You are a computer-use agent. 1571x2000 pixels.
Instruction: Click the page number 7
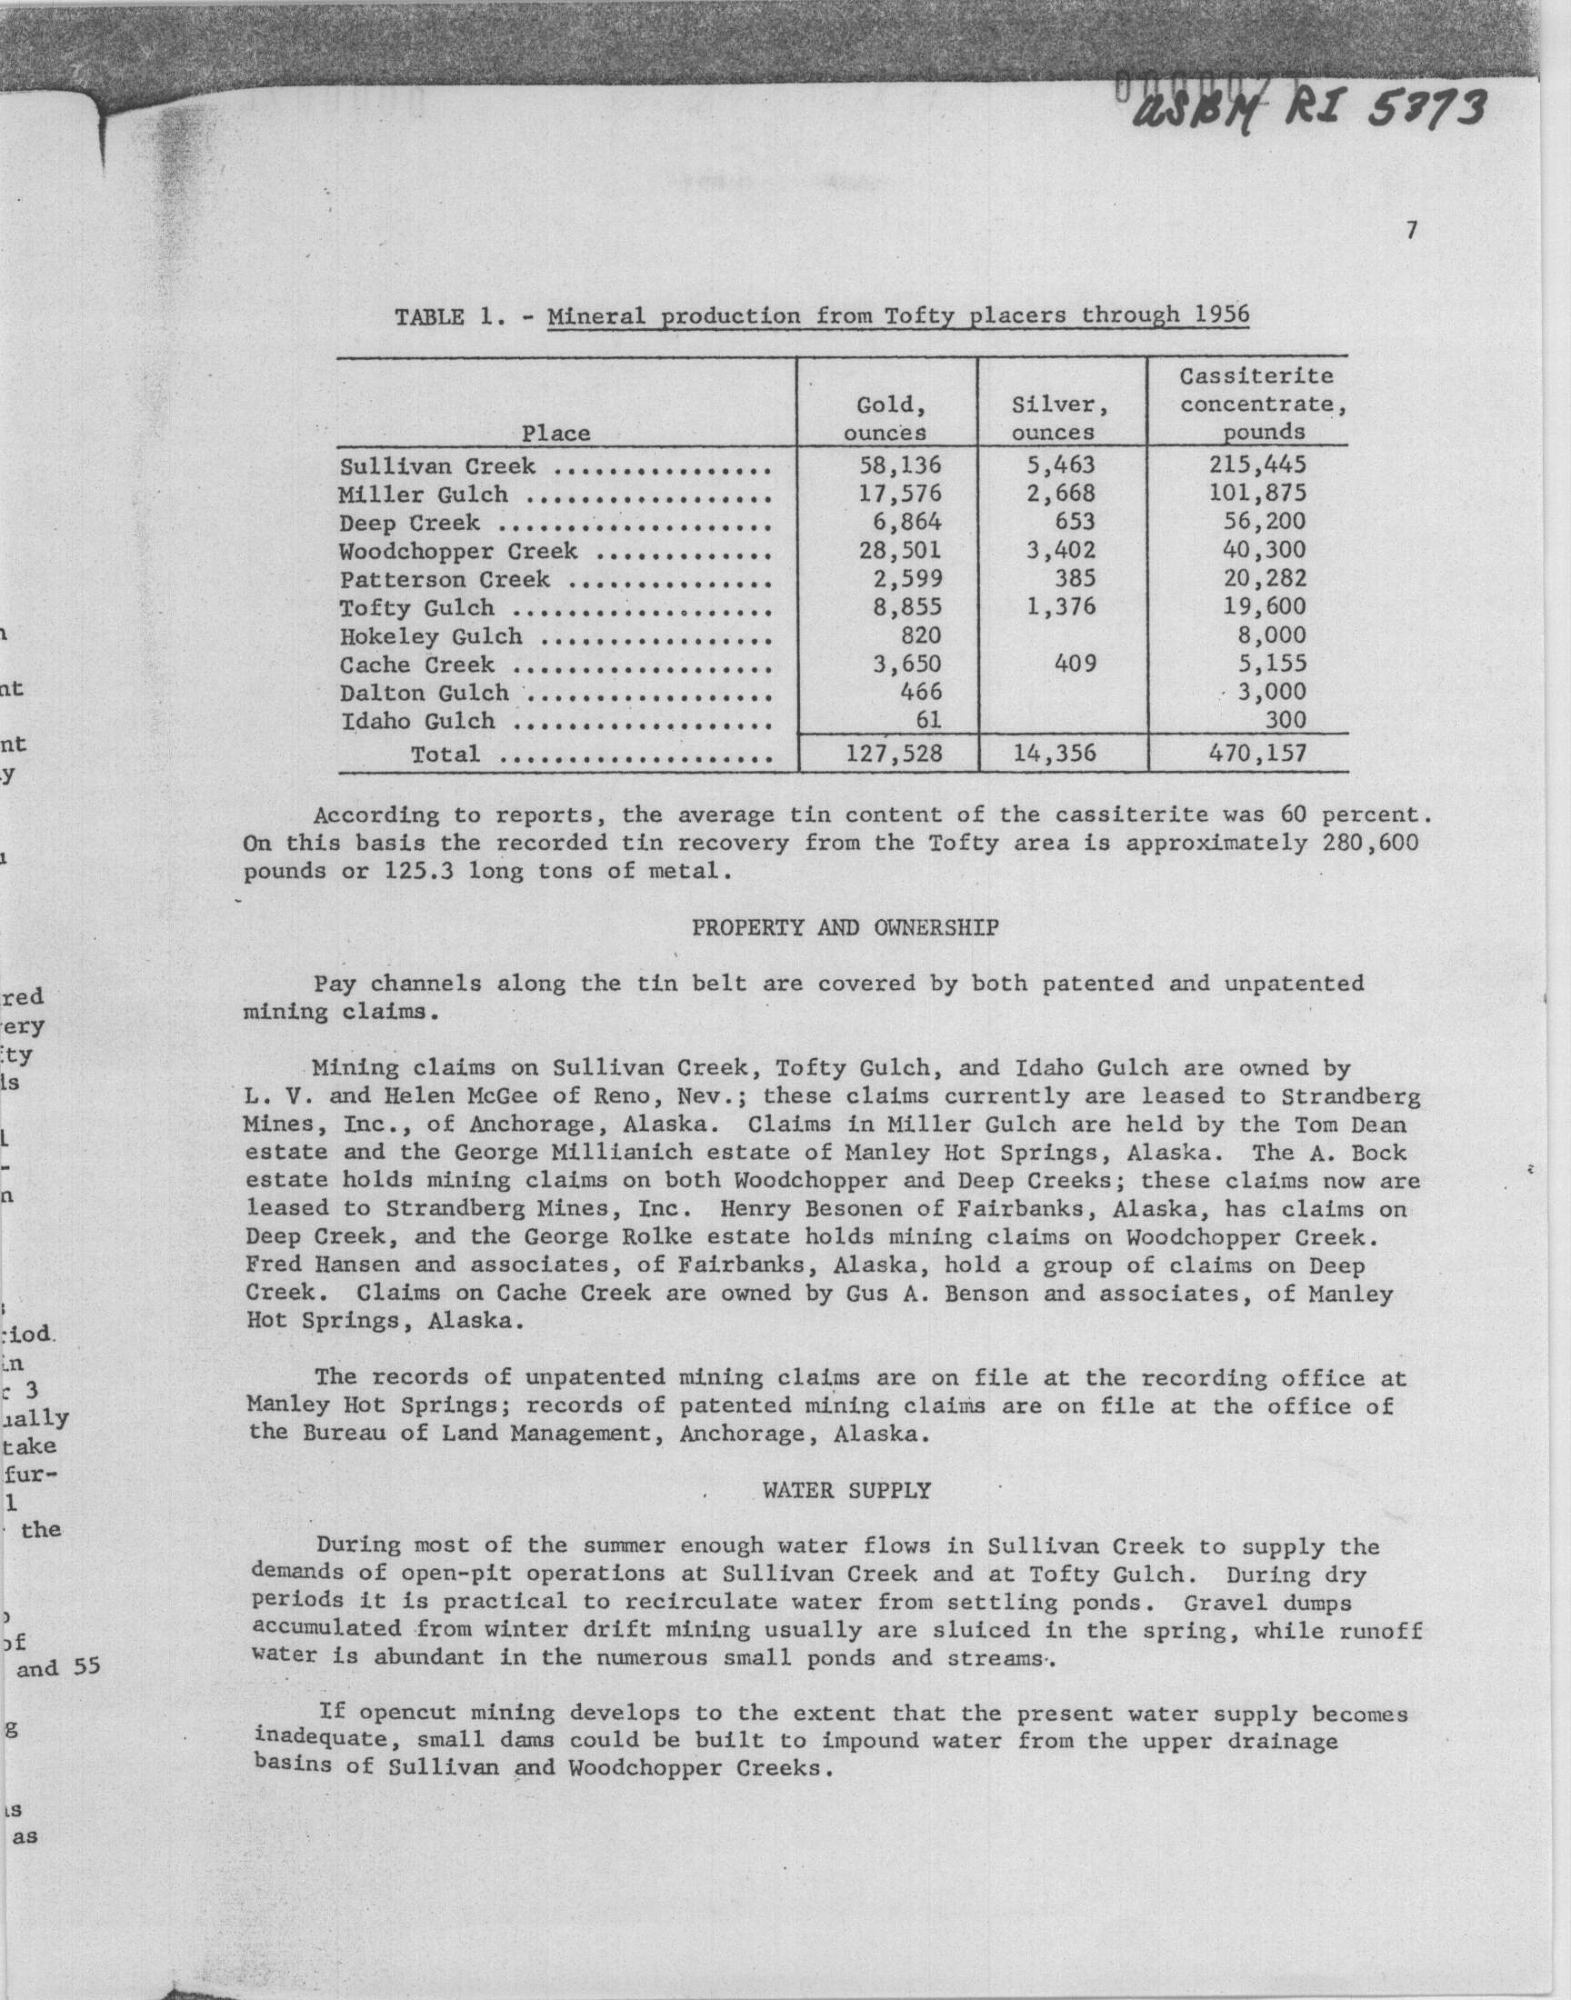1411,231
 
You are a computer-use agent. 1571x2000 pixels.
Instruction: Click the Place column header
556,432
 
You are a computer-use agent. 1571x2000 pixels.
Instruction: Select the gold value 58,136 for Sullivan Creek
898,465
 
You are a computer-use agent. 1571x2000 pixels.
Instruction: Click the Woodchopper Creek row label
457,552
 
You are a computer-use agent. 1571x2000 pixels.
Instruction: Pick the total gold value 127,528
892,754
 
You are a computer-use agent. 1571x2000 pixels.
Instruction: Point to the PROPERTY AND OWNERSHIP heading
845,928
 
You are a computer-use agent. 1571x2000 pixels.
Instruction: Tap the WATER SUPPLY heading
846,1491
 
